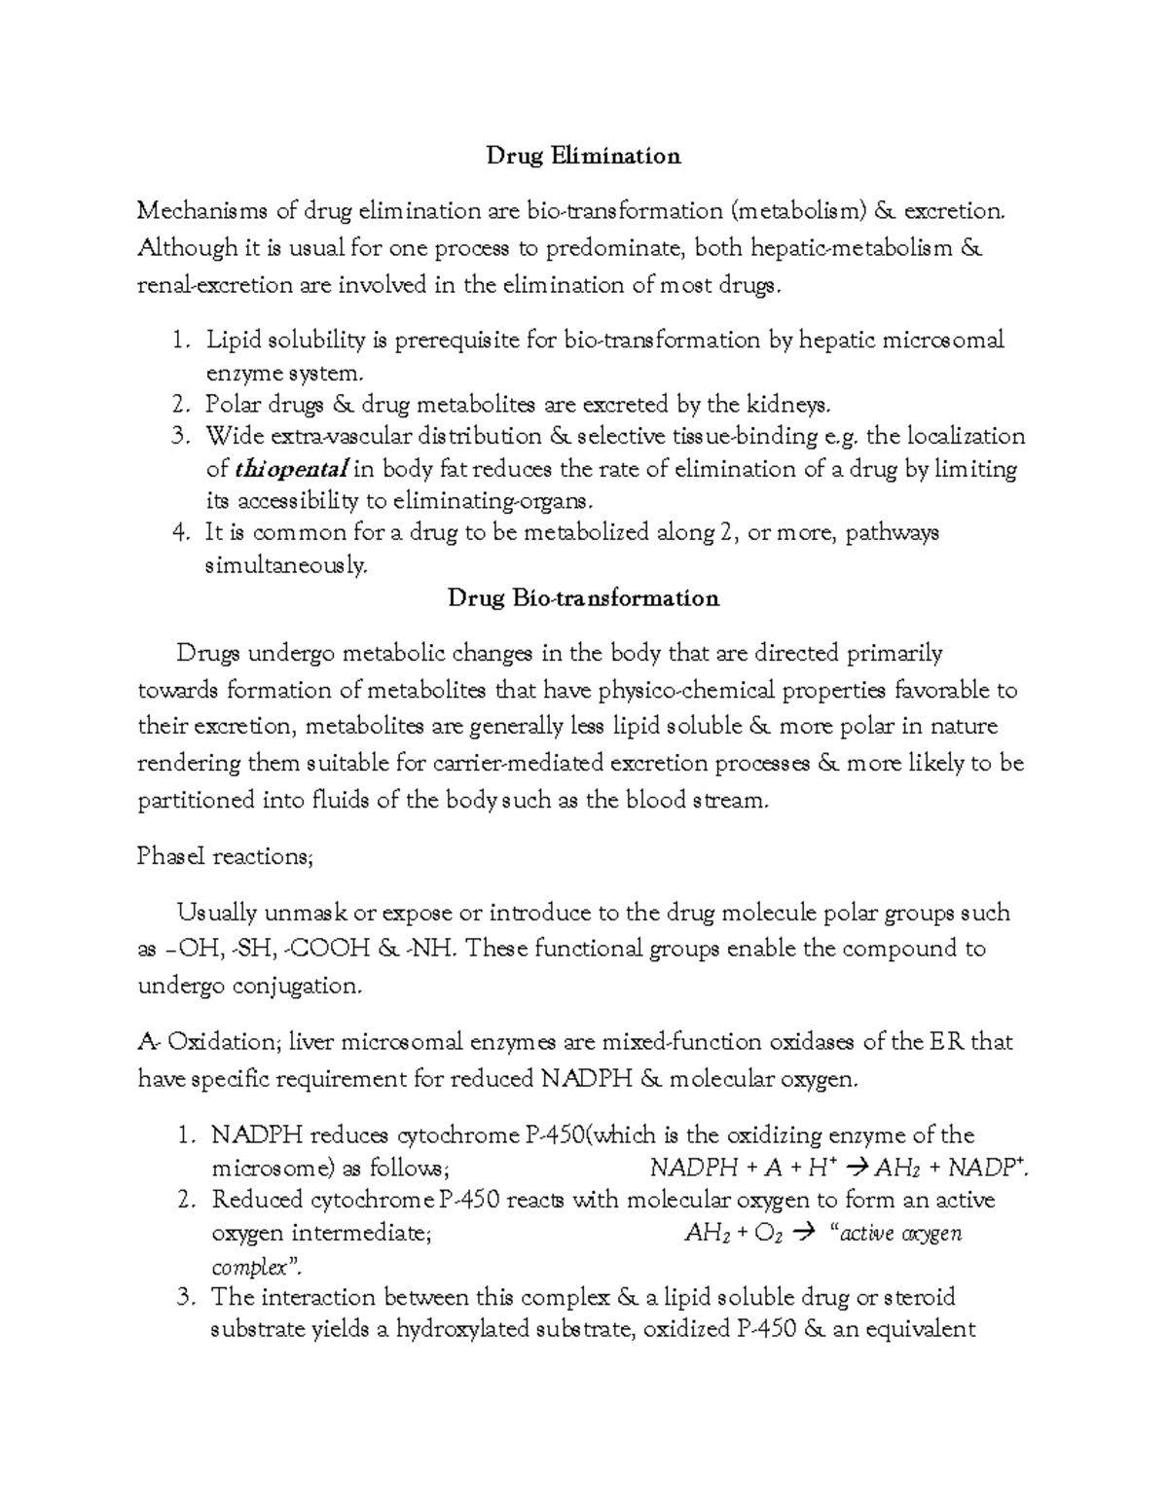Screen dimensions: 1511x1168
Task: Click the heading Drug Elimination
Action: click(583, 156)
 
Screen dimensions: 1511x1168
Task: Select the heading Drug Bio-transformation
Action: click(583, 597)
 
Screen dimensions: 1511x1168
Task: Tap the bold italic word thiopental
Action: click(291, 469)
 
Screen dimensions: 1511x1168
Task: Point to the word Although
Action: click(188, 248)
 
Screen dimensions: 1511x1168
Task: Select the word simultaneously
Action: click(286, 565)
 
